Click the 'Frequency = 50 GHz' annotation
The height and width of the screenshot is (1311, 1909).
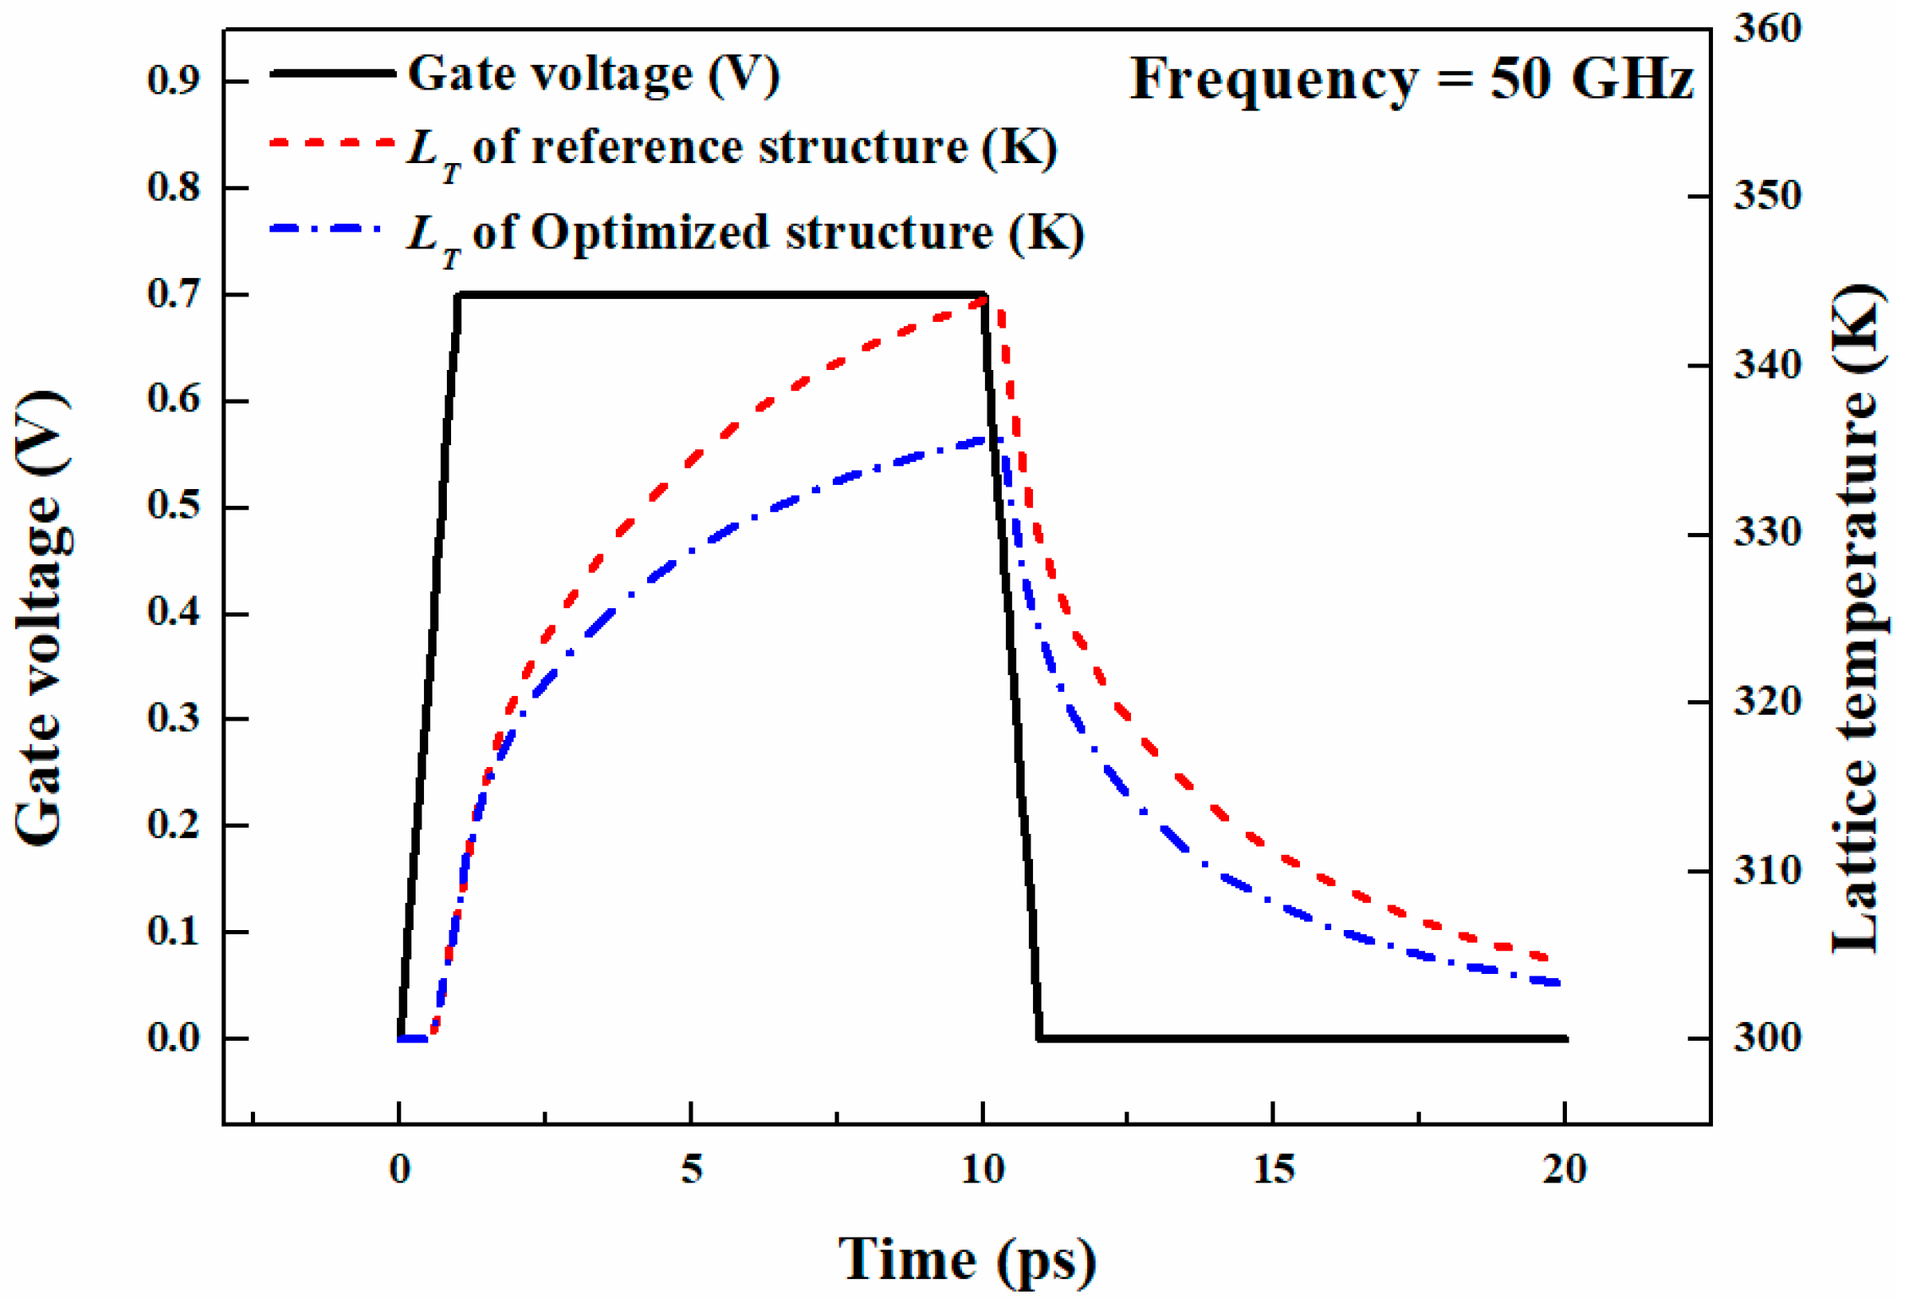click(x=1411, y=79)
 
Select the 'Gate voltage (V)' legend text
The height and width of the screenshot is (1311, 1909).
click(x=594, y=74)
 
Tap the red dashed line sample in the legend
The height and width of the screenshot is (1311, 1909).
click(x=332, y=144)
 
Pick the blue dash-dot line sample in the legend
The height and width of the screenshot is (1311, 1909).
click(x=325, y=229)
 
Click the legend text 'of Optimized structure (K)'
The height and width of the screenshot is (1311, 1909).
click(x=777, y=232)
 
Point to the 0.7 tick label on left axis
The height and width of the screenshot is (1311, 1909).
click(x=174, y=295)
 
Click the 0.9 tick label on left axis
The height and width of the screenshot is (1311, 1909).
click(x=174, y=81)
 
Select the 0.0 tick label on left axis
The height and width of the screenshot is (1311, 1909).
click(x=174, y=1038)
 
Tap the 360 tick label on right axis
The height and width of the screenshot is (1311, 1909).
click(x=1768, y=29)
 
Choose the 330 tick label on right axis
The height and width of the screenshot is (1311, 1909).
click(x=1768, y=533)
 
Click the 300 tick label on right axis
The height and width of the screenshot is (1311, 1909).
click(x=1768, y=1038)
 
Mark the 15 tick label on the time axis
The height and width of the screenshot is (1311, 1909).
click(x=1273, y=1170)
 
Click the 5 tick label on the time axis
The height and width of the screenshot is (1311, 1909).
click(x=691, y=1170)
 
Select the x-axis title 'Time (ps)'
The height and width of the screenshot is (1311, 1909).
click(x=967, y=1259)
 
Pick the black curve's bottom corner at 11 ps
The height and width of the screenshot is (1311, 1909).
click(x=1040, y=1038)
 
